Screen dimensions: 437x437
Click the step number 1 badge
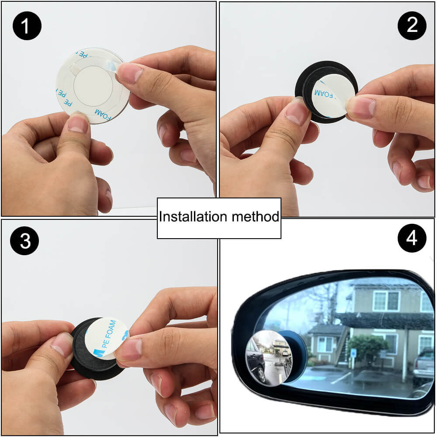[26, 26]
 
